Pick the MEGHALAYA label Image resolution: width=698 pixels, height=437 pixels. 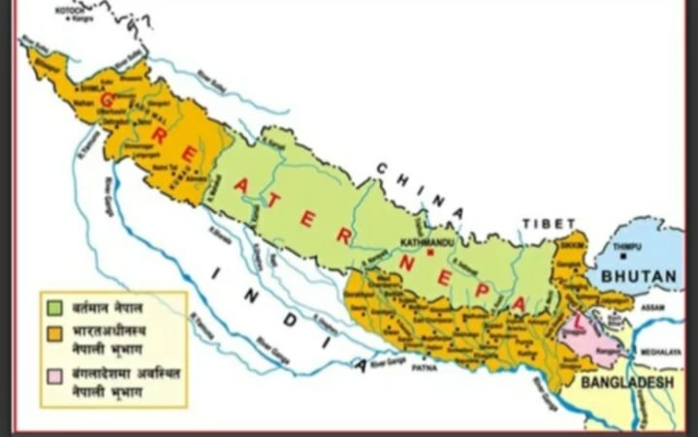tap(665, 352)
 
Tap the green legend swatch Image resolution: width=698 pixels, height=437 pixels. tap(57, 309)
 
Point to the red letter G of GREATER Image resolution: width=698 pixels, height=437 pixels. tap(108, 99)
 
